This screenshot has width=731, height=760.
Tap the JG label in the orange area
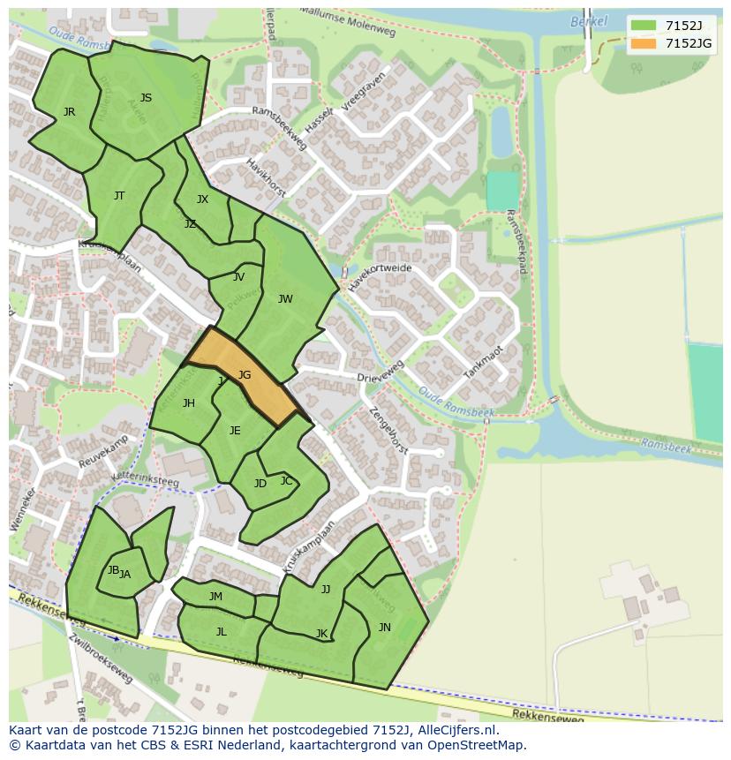pyautogui.click(x=245, y=375)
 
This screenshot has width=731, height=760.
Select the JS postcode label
pyautogui.click(x=146, y=98)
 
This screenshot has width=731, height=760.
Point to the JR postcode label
pyautogui.click(x=69, y=112)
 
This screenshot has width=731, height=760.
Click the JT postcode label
pyautogui.click(x=119, y=196)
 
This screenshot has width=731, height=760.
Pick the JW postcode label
pyautogui.click(x=285, y=299)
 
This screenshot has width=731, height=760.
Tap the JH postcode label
pyautogui.click(x=189, y=403)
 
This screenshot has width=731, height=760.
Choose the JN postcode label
pyautogui.click(x=385, y=628)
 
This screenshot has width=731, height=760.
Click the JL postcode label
pyautogui.click(x=222, y=631)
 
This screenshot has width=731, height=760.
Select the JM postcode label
pyautogui.click(x=215, y=597)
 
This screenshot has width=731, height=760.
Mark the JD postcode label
pyautogui.click(x=260, y=484)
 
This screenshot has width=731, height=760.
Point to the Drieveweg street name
pyautogui.click(x=381, y=372)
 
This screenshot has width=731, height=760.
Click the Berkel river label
pyautogui.click(x=589, y=21)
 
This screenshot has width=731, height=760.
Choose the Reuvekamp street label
pyautogui.click(x=103, y=451)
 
